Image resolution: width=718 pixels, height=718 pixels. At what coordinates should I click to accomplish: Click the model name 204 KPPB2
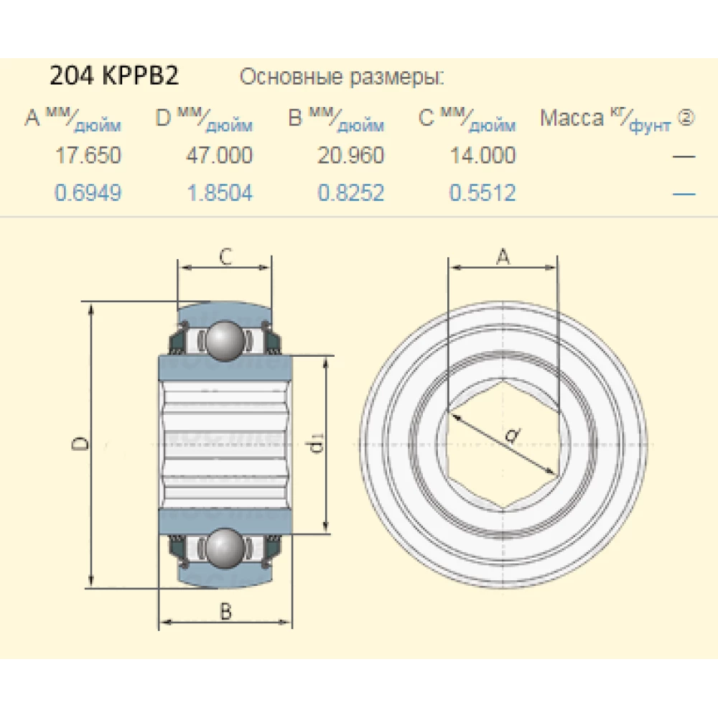[113, 76]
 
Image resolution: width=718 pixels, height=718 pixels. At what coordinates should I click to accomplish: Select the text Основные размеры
[342, 77]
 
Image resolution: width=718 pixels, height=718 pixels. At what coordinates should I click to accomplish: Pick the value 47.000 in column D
[220, 155]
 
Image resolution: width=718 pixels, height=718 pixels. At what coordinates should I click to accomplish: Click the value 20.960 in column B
[351, 155]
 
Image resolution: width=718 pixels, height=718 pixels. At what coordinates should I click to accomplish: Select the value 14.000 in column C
[482, 155]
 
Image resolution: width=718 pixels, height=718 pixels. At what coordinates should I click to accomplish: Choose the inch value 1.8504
[220, 192]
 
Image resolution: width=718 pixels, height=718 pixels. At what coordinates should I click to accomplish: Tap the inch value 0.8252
[351, 192]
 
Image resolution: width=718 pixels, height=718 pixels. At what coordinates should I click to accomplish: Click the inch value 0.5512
[482, 192]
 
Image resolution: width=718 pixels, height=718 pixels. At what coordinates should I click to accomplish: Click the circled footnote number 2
[686, 118]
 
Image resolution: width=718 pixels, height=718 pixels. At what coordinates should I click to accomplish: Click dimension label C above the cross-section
[225, 256]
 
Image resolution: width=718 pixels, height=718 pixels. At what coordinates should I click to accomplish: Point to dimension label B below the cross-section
[225, 611]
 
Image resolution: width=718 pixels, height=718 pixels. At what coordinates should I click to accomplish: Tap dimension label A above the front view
[503, 256]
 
